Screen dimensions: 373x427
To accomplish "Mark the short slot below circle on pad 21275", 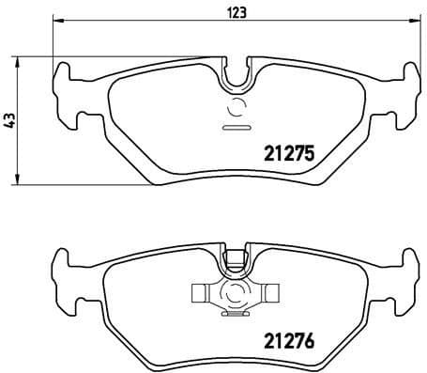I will click(235, 126).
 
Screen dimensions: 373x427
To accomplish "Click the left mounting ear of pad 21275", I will click(64, 94).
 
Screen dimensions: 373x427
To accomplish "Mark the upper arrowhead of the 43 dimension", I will click(20, 60).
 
